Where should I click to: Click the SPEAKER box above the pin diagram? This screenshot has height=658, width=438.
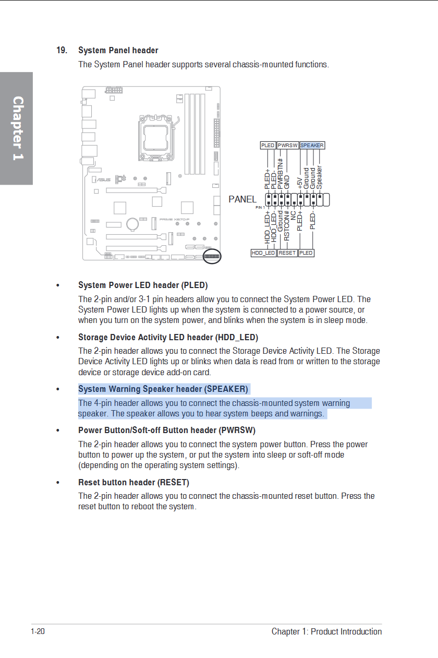click(x=312, y=145)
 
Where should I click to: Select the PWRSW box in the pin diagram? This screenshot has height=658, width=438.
click(x=287, y=145)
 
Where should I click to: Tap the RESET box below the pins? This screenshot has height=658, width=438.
click(x=287, y=253)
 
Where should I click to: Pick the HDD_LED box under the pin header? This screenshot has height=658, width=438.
click(x=263, y=253)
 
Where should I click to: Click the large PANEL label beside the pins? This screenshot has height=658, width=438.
click(x=242, y=199)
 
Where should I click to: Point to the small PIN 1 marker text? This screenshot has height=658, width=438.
click(x=260, y=207)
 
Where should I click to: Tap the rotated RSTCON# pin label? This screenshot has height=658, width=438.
click(x=287, y=226)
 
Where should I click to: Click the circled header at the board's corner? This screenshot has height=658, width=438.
click(x=212, y=256)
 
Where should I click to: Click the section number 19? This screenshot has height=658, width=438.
click(x=62, y=51)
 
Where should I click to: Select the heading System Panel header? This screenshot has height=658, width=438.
click(x=118, y=51)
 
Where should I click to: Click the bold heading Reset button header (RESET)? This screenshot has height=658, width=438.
click(x=133, y=482)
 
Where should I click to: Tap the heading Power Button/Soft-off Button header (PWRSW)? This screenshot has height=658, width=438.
click(x=167, y=430)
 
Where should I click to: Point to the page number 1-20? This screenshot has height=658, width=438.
click(x=38, y=632)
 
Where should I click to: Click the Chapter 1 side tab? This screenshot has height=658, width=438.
click(x=17, y=128)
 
